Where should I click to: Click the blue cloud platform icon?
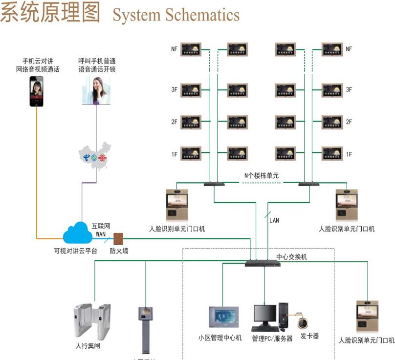(78, 233)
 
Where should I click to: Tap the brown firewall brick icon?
(119, 238)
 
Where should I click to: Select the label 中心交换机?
(292, 256)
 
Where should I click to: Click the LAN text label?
(274, 220)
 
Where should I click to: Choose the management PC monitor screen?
(264, 316)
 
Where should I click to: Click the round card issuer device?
(305, 321)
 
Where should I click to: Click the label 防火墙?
(119, 252)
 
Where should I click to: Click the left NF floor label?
(174, 49)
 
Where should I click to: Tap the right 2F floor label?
(349, 122)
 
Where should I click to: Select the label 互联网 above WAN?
(101, 227)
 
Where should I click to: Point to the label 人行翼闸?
(88, 346)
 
